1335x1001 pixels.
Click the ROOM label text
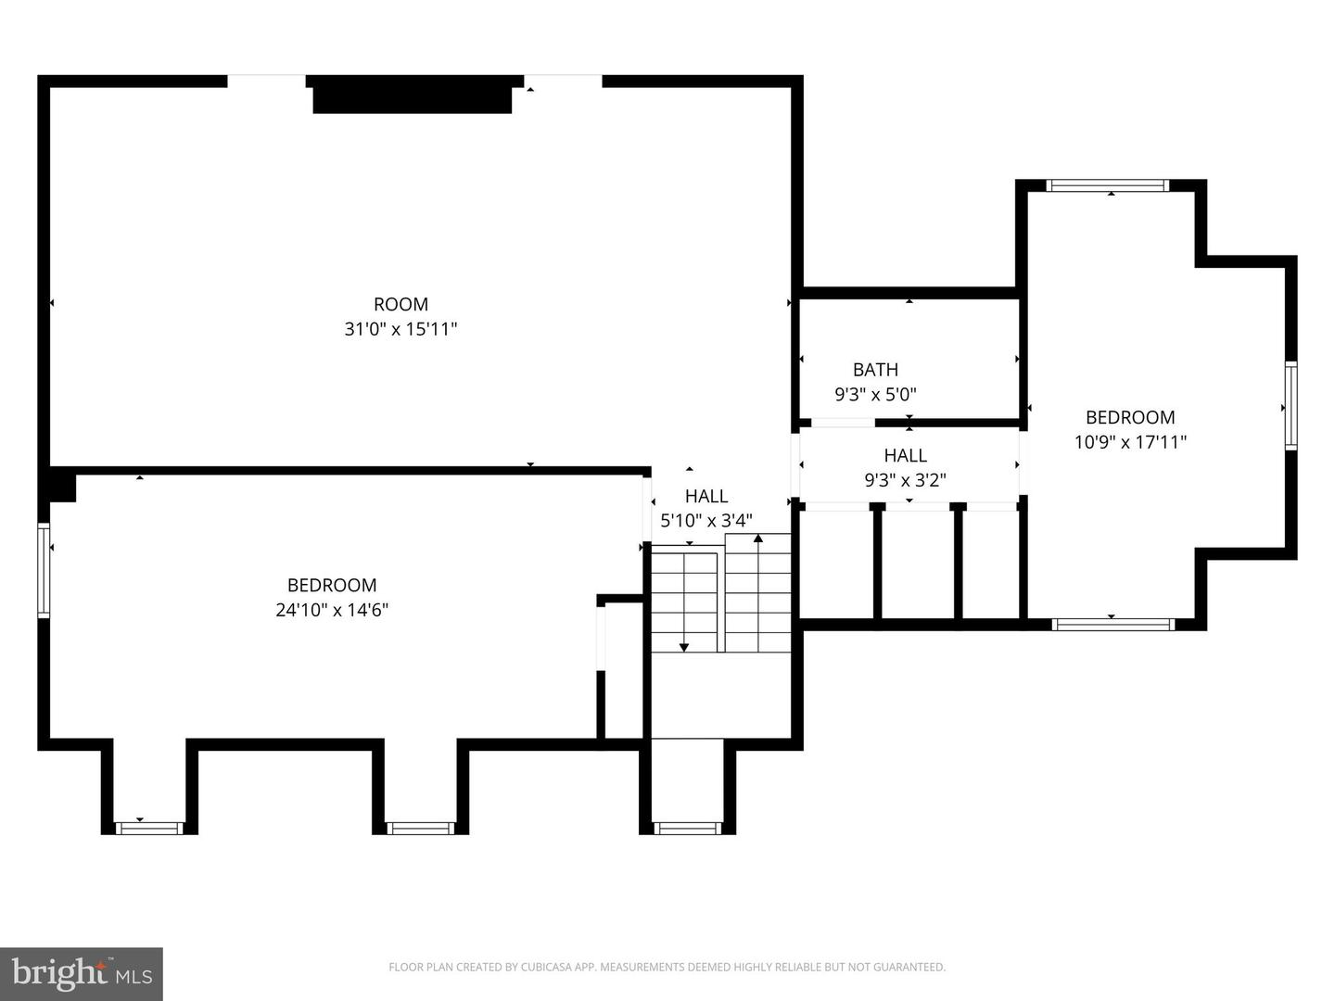400,304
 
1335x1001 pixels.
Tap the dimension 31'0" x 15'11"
400,329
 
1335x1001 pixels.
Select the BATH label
875,370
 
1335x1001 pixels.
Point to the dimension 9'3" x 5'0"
875,395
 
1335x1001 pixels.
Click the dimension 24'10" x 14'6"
332,610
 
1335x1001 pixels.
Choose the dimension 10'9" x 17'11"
1130,442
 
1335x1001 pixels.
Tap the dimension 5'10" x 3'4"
706,521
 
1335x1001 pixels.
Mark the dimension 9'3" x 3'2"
905,480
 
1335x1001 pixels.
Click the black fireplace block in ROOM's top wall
413,96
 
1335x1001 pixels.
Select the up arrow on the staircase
758,539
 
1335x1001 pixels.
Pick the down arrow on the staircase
684,646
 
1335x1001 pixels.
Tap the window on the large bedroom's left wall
43,570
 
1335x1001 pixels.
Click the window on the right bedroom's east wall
1290,407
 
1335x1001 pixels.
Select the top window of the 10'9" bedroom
1108,185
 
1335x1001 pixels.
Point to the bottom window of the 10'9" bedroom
1113,625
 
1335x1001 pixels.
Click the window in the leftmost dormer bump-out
149,828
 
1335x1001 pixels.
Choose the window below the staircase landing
687,828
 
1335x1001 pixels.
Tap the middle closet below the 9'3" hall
918,564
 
